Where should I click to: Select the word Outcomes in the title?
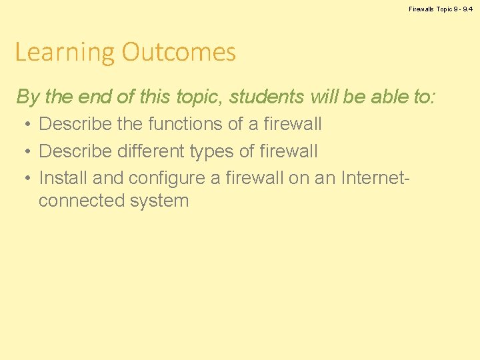(x=179, y=52)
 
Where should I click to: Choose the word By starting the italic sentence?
(x=28, y=97)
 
